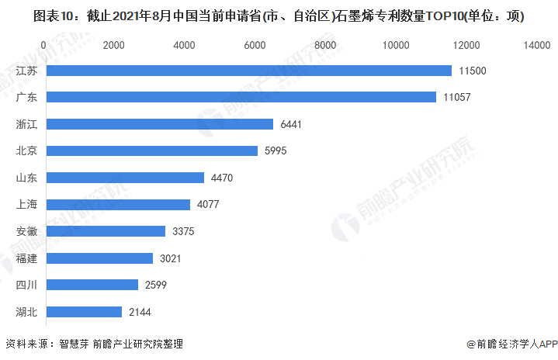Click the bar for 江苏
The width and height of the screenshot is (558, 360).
[x=248, y=71]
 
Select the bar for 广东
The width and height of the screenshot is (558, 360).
[x=241, y=97]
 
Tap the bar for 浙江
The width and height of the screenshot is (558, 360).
[x=160, y=124]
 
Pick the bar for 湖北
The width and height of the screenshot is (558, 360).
[x=84, y=312]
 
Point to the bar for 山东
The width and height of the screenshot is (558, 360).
[x=125, y=178]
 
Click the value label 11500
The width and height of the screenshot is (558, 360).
[x=472, y=71]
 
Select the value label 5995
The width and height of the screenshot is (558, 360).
[x=276, y=151]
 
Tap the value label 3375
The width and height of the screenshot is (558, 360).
[x=183, y=231]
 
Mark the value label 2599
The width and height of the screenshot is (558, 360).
[x=156, y=285]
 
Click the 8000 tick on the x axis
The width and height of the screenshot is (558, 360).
[x=326, y=46]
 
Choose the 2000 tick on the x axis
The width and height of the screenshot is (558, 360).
[x=114, y=46]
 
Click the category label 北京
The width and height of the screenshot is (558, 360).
[x=27, y=151]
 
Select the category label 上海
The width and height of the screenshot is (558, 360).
[x=27, y=205]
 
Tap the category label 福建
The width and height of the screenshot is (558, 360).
[x=27, y=258]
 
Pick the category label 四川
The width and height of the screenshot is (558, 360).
[x=27, y=285]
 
